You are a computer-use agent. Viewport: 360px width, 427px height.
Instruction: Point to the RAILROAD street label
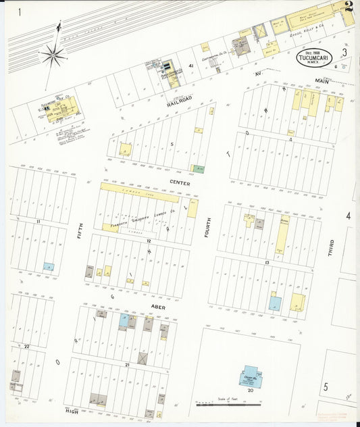click(x=180, y=101)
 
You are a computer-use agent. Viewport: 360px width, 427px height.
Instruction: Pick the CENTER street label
click(x=180, y=183)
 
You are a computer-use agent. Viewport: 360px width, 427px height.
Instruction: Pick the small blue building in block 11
click(x=49, y=267)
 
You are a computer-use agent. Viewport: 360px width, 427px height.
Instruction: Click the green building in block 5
click(x=199, y=168)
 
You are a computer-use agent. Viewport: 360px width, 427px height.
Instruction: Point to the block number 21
click(x=126, y=364)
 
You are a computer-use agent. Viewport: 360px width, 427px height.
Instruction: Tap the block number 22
click(x=27, y=346)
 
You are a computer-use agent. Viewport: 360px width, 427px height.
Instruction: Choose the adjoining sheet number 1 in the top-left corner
click(x=20, y=12)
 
